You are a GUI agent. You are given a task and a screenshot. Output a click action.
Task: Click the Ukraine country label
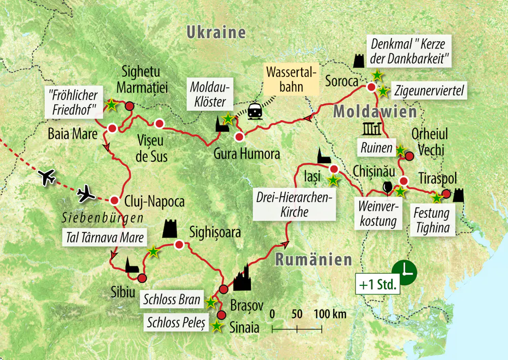tap(216, 33)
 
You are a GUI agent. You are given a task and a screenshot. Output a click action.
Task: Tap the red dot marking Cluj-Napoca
tap(114, 200)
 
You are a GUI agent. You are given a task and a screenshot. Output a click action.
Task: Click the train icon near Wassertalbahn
tap(255, 112)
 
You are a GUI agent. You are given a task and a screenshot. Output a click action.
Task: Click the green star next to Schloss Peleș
tap(217, 326)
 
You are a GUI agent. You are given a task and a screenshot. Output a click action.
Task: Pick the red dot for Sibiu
tap(142, 278)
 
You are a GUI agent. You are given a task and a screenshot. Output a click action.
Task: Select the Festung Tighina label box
tap(432, 220)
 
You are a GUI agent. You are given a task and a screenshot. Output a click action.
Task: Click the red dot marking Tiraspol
tap(446, 194)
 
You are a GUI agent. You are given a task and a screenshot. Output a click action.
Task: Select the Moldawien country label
tap(374, 111)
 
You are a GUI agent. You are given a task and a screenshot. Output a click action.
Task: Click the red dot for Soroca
tap(371, 87)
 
